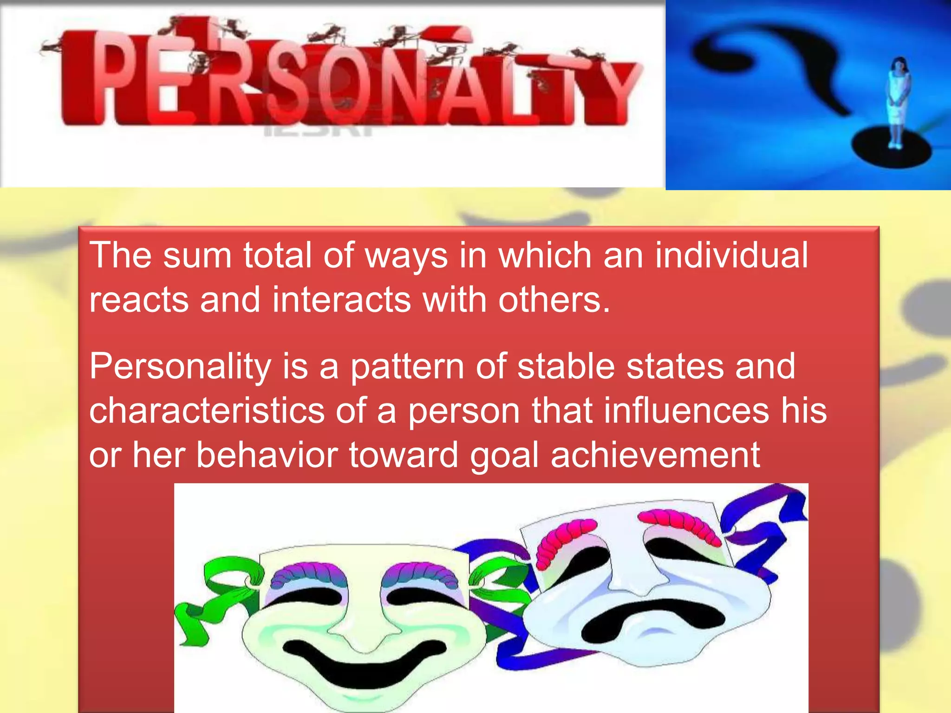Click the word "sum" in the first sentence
[197, 256]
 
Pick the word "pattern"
[407, 367]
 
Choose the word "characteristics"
[207, 411]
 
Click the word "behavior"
[267, 455]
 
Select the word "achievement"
[655, 455]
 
